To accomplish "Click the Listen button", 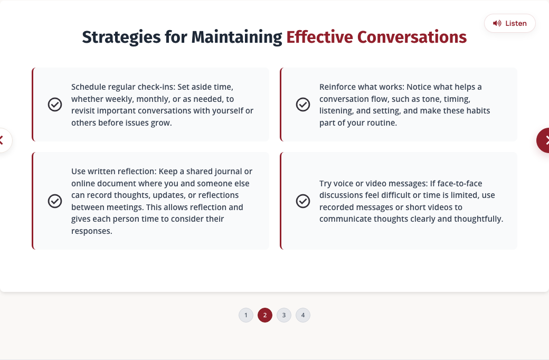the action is (510, 23).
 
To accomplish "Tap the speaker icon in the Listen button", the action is (497, 23).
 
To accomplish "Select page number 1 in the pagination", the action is (246, 315).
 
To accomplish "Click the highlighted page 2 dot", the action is (265, 315).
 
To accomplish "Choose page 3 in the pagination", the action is (284, 315).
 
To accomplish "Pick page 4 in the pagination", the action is (303, 315).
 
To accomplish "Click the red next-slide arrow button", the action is (543, 140).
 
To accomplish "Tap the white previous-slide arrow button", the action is (5, 140).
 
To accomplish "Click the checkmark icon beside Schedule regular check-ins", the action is (55, 105).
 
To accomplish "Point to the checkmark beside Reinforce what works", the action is (303, 105).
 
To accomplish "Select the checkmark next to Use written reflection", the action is (55, 201).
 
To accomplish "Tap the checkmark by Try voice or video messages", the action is (303, 201).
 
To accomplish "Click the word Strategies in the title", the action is (121, 37).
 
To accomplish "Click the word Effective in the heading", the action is (320, 37).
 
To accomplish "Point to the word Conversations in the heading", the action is (412, 37).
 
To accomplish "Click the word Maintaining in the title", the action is (236, 37).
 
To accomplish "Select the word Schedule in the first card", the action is (88, 87).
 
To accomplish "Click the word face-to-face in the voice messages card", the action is (460, 184).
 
